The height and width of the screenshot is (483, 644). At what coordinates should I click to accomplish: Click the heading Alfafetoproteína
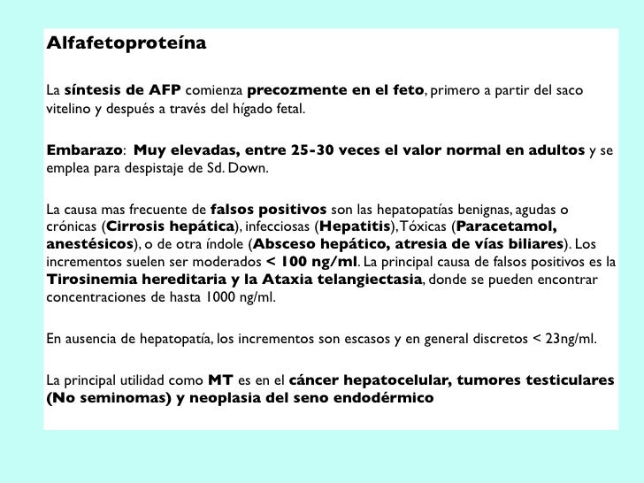[125, 42]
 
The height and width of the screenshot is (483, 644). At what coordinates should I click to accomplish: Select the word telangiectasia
[352, 281]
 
